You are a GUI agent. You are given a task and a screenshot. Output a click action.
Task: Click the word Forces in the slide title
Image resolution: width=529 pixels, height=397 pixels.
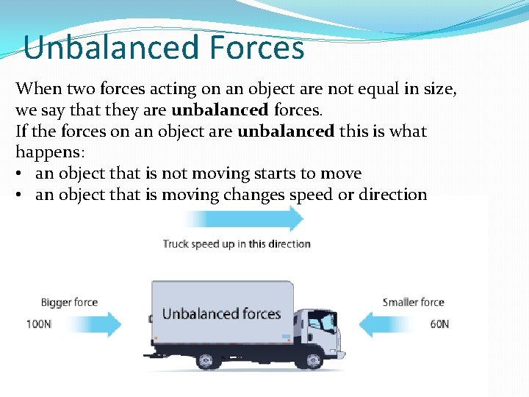[256, 48]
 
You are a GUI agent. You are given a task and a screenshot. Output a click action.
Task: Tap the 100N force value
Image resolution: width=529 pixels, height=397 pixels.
[39, 324]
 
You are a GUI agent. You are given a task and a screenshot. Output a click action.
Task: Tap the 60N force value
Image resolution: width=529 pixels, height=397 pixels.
[439, 324]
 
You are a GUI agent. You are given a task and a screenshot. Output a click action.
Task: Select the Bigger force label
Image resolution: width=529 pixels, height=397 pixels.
[69, 302]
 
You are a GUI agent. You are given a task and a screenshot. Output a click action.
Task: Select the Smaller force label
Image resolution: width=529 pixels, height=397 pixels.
[414, 302]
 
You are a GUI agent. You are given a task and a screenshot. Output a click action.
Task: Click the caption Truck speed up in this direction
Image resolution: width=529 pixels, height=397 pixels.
[237, 244]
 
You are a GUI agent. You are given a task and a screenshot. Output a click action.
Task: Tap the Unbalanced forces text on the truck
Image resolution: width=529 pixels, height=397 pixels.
[221, 314]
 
